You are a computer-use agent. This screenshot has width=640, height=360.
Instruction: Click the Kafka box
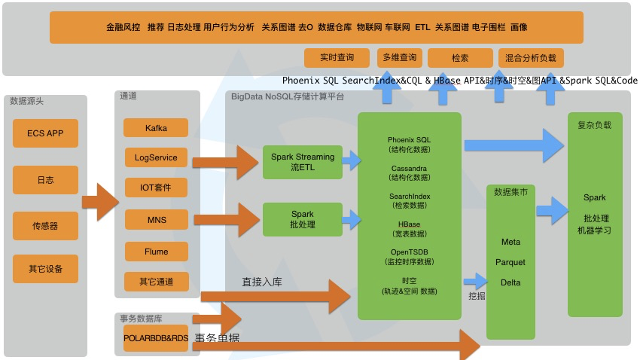pos(156,128)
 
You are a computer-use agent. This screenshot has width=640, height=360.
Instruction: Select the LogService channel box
pos(156,157)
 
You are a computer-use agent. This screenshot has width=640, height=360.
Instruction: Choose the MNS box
pos(156,220)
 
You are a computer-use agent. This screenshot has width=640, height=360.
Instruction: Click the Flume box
pos(156,252)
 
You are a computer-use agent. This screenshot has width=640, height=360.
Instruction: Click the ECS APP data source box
pos(45,133)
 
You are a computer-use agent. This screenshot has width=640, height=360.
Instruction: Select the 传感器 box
pos(45,225)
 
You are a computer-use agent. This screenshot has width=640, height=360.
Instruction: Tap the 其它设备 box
pos(45,269)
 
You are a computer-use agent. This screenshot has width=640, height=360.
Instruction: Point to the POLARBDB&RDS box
pos(156,338)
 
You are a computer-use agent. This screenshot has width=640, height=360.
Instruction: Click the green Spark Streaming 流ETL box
pos(302,162)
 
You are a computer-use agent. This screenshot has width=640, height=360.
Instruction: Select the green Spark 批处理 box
pos(302,219)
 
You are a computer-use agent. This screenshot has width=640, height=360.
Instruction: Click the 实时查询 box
pos(337,57)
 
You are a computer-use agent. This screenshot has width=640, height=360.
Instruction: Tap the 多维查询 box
pos(399,57)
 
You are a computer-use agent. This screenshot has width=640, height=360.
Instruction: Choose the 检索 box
pos(460,57)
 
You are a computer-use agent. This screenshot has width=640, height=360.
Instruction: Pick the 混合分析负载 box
pos(531,57)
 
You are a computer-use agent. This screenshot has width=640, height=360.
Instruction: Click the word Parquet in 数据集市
pos(510,262)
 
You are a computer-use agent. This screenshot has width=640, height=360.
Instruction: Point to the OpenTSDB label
pos(410,252)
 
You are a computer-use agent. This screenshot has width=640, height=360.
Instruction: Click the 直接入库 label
pos(262,282)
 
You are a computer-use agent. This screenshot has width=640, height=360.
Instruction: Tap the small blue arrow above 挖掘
pos(476,280)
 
